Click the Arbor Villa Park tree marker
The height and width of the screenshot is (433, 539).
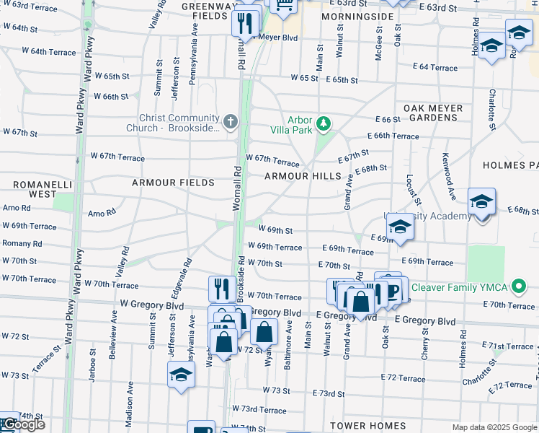[324, 124]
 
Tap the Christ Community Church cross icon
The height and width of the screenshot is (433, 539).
[230, 121]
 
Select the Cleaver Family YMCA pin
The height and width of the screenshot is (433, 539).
[516, 288]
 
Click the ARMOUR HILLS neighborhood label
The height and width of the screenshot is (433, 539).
[302, 176]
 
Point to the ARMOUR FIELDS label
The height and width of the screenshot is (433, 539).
[173, 183]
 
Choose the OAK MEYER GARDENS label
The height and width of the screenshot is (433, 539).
[432, 113]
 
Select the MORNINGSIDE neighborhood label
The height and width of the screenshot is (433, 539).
[352, 15]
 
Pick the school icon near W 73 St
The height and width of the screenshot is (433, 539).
[180, 375]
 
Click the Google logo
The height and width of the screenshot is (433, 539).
[23, 424]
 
